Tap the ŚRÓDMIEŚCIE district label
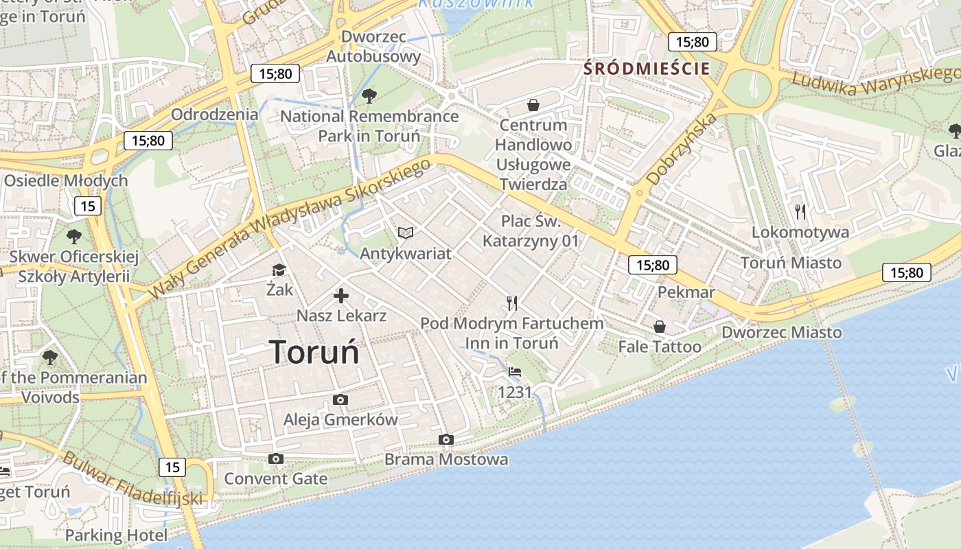pos(646,68)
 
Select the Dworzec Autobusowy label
pos(373,46)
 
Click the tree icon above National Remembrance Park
pos(369,95)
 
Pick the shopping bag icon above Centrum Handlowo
pos(533,105)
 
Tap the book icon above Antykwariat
pos(406,233)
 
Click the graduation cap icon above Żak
pos(279,270)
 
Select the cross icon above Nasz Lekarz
pos(341,296)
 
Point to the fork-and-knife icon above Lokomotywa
pos(800,211)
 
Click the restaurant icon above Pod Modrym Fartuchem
pos(511,303)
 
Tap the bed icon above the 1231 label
pos(515,372)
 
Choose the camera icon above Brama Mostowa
pos(446,439)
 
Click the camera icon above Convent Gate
pos(276,458)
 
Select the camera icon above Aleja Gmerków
pos(340,399)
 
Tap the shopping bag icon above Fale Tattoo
pos(660,327)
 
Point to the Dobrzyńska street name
pos(682,149)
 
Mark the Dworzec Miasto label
pos(781,332)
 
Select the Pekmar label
pos(686,292)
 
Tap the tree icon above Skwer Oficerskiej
pos(73,237)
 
